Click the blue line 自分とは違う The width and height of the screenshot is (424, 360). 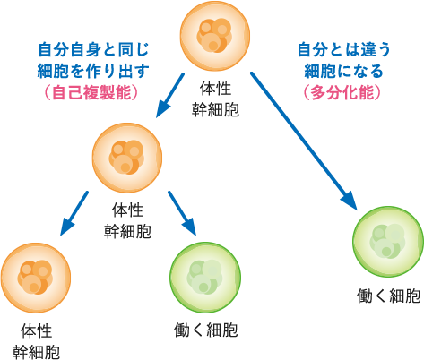pos(342,49)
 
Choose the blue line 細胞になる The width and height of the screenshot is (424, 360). pos(342,71)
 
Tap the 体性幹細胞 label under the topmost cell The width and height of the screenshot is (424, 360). pos(217,100)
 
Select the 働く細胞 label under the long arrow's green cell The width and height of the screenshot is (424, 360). pos(387,296)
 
